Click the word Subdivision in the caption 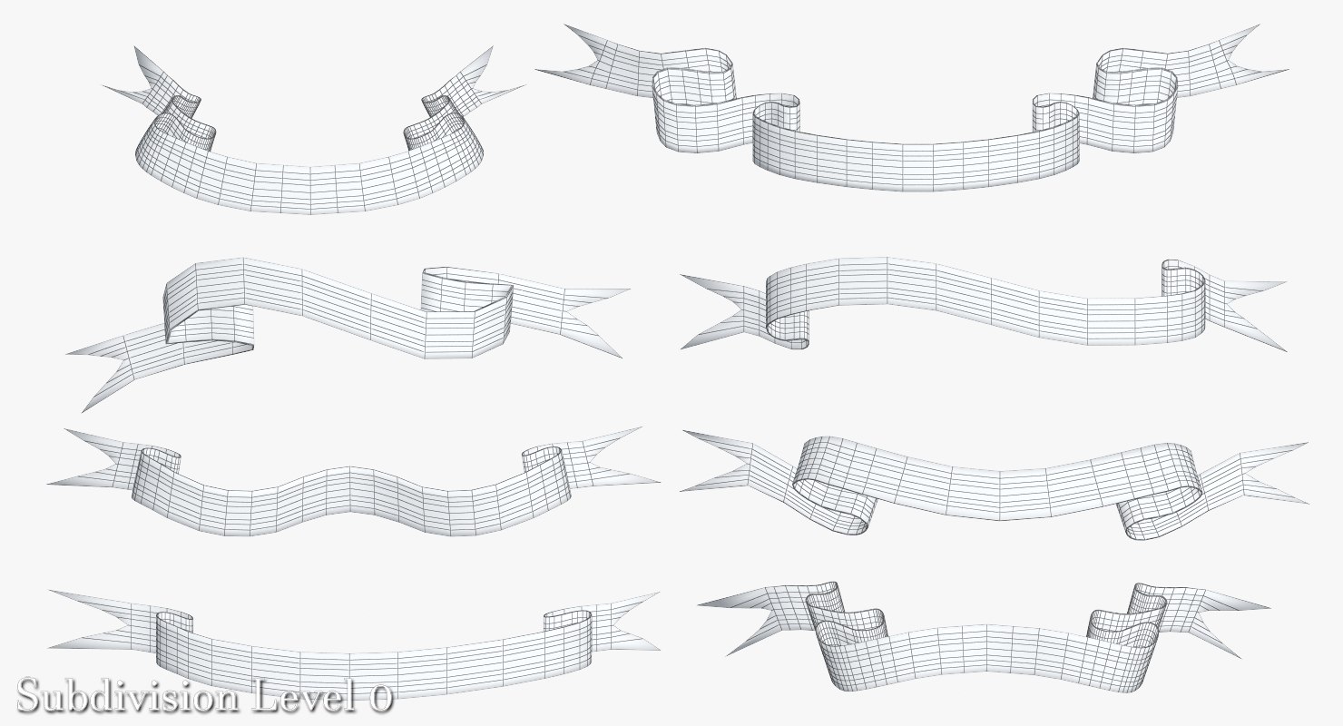click(128, 697)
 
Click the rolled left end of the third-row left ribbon click(157, 474)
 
